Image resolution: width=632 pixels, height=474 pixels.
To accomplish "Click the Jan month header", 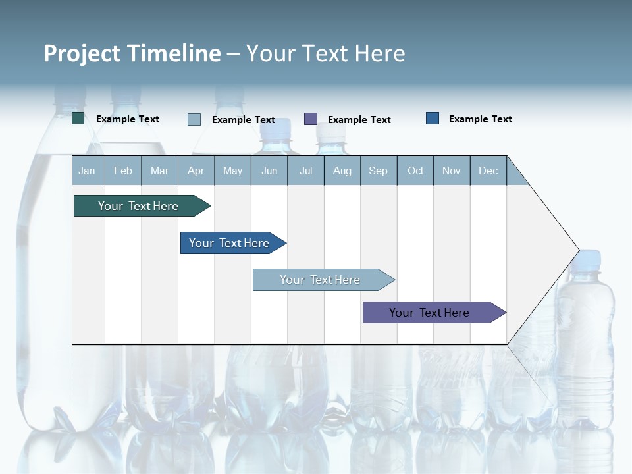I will pyautogui.click(x=87, y=171).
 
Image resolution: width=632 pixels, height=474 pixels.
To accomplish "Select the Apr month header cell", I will pyautogui.click(x=196, y=171).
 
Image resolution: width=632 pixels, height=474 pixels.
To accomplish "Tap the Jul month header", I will pyautogui.click(x=305, y=171).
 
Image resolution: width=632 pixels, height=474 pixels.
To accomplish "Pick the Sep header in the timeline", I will pyautogui.click(x=378, y=171).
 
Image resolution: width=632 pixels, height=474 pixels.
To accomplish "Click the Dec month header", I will pyautogui.click(x=488, y=171).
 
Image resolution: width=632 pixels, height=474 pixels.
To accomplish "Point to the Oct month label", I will pyautogui.click(x=415, y=171).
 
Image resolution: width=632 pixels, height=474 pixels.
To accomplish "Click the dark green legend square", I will pyautogui.click(x=78, y=118).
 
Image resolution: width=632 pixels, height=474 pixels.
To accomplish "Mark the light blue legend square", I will pyautogui.click(x=194, y=119).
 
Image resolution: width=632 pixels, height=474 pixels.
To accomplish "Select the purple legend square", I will pyautogui.click(x=311, y=118).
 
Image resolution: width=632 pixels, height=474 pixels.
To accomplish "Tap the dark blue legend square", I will pyautogui.click(x=433, y=118).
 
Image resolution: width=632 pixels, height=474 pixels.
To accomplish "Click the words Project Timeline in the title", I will pyautogui.click(x=132, y=53).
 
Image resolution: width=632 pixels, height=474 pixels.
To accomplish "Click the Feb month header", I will pyautogui.click(x=123, y=171).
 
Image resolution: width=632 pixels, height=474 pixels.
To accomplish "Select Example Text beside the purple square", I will pyautogui.click(x=359, y=120).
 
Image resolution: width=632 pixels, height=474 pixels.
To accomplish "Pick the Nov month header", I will pyautogui.click(x=452, y=171).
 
